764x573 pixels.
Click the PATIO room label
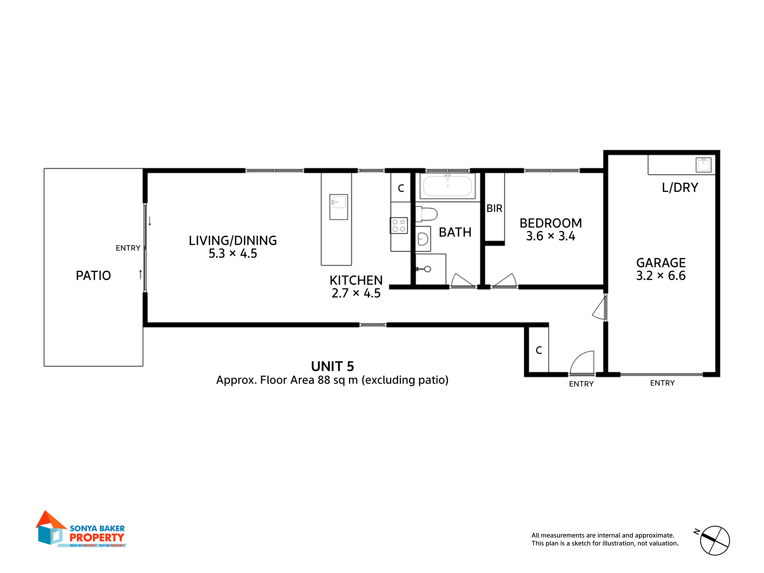pyautogui.click(x=93, y=276)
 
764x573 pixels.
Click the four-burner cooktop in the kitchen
pyautogui.click(x=399, y=226)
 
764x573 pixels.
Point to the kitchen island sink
pyautogui.click(x=338, y=207)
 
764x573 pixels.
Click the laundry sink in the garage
pyautogui.click(x=703, y=165)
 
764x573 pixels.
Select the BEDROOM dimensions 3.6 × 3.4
pyautogui.click(x=550, y=236)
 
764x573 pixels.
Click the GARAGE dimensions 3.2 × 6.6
pyautogui.click(x=661, y=276)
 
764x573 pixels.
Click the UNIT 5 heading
pyautogui.click(x=332, y=367)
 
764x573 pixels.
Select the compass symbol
pyautogui.click(x=714, y=541)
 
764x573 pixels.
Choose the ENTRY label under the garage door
pyautogui.click(x=662, y=383)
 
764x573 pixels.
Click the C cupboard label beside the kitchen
pyautogui.click(x=401, y=188)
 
